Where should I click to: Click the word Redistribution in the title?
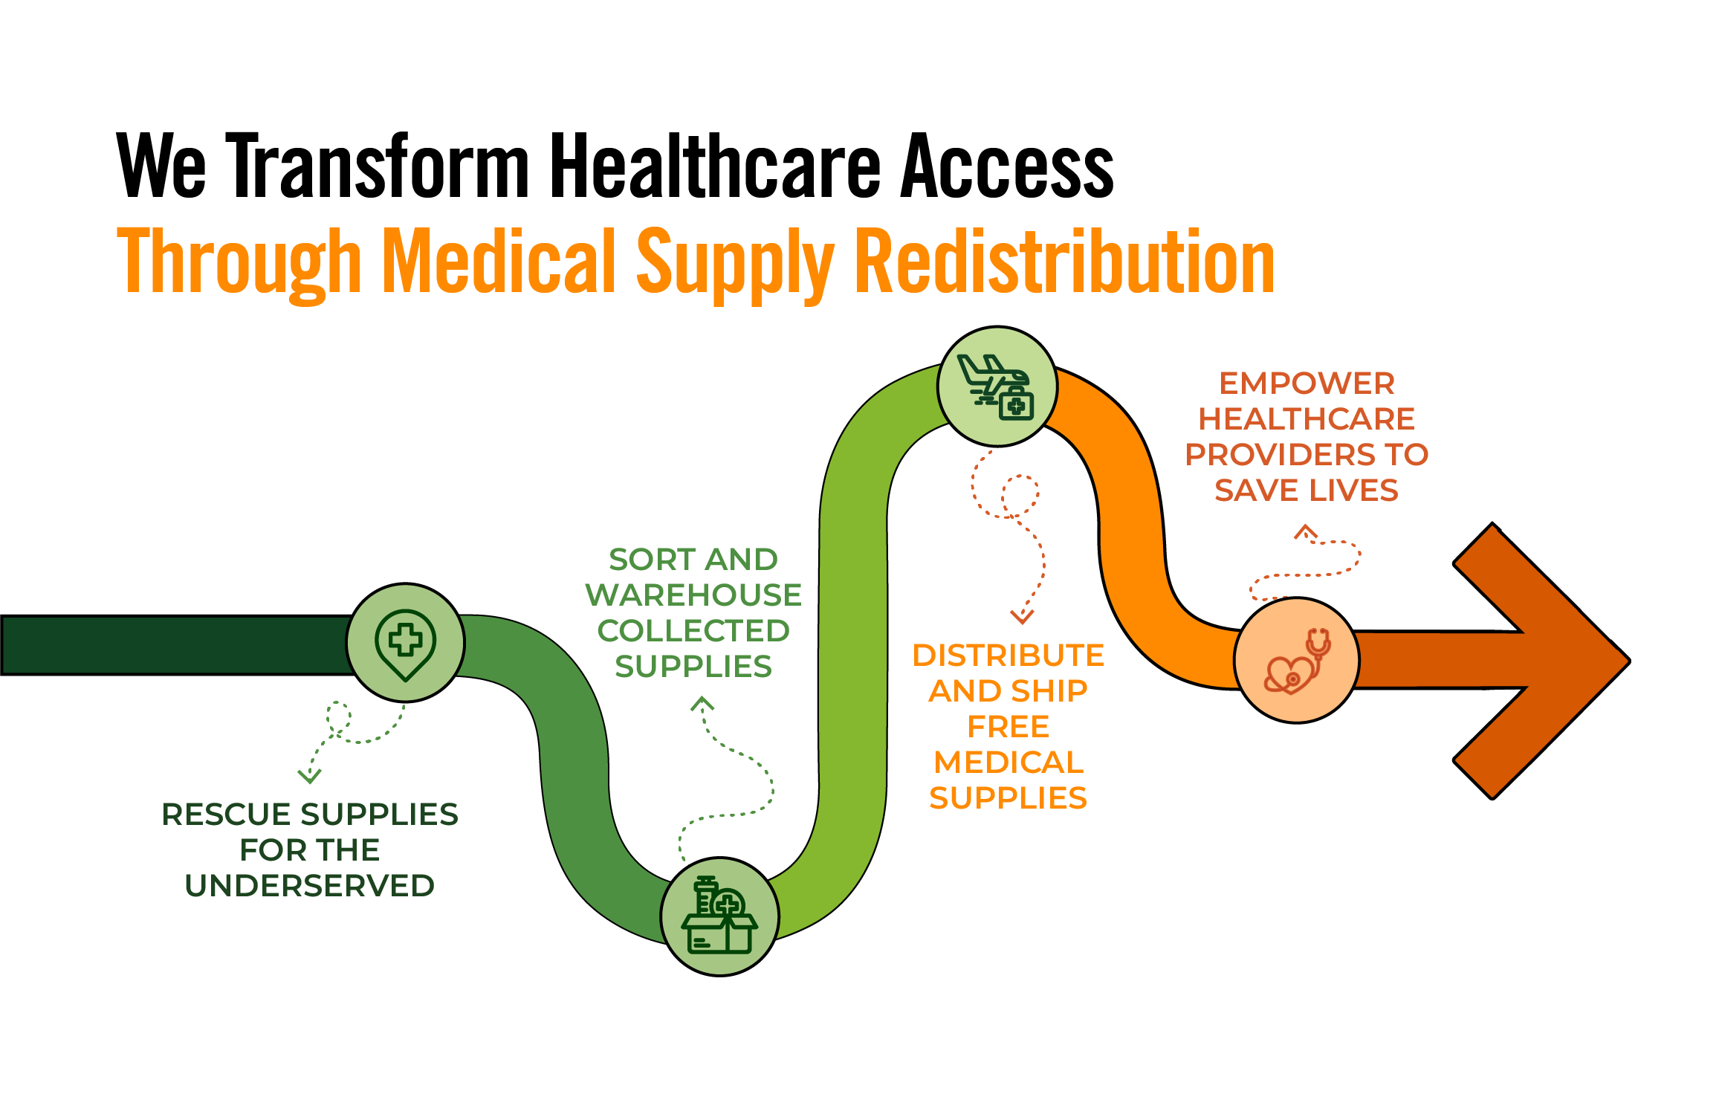coord(1064,262)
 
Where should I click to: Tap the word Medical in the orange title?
coord(499,262)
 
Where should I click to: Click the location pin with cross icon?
coord(405,643)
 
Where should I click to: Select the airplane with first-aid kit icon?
coord(997,386)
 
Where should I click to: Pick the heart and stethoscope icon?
coord(1297,661)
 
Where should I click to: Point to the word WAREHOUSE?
coord(693,595)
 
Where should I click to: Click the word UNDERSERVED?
coord(309,886)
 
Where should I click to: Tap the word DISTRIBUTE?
coord(1008,656)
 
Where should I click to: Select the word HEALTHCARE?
coord(1307,419)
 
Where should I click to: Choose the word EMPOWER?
coord(1307,383)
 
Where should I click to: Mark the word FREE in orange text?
coord(1008,727)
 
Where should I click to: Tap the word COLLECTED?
coord(693,631)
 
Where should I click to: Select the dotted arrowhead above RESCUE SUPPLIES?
coord(309,776)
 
